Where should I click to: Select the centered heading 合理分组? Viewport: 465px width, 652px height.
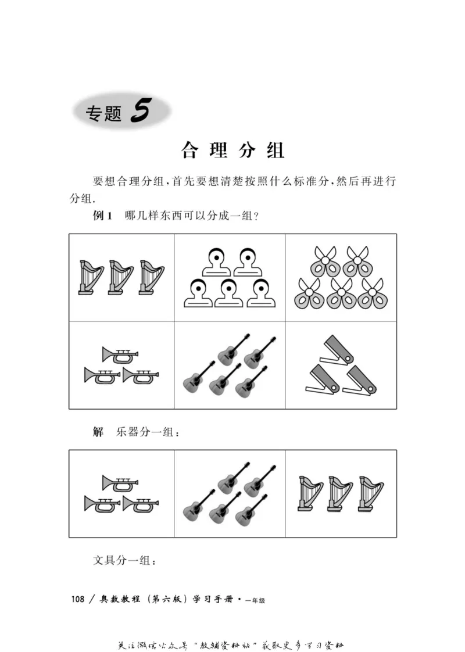tap(233, 150)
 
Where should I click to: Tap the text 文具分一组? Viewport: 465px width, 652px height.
tap(124, 561)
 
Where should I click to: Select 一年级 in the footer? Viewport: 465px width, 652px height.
tap(255, 601)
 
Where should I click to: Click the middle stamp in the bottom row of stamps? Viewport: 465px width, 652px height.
tap(230, 294)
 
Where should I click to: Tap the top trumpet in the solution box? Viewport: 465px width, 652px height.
tap(120, 483)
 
